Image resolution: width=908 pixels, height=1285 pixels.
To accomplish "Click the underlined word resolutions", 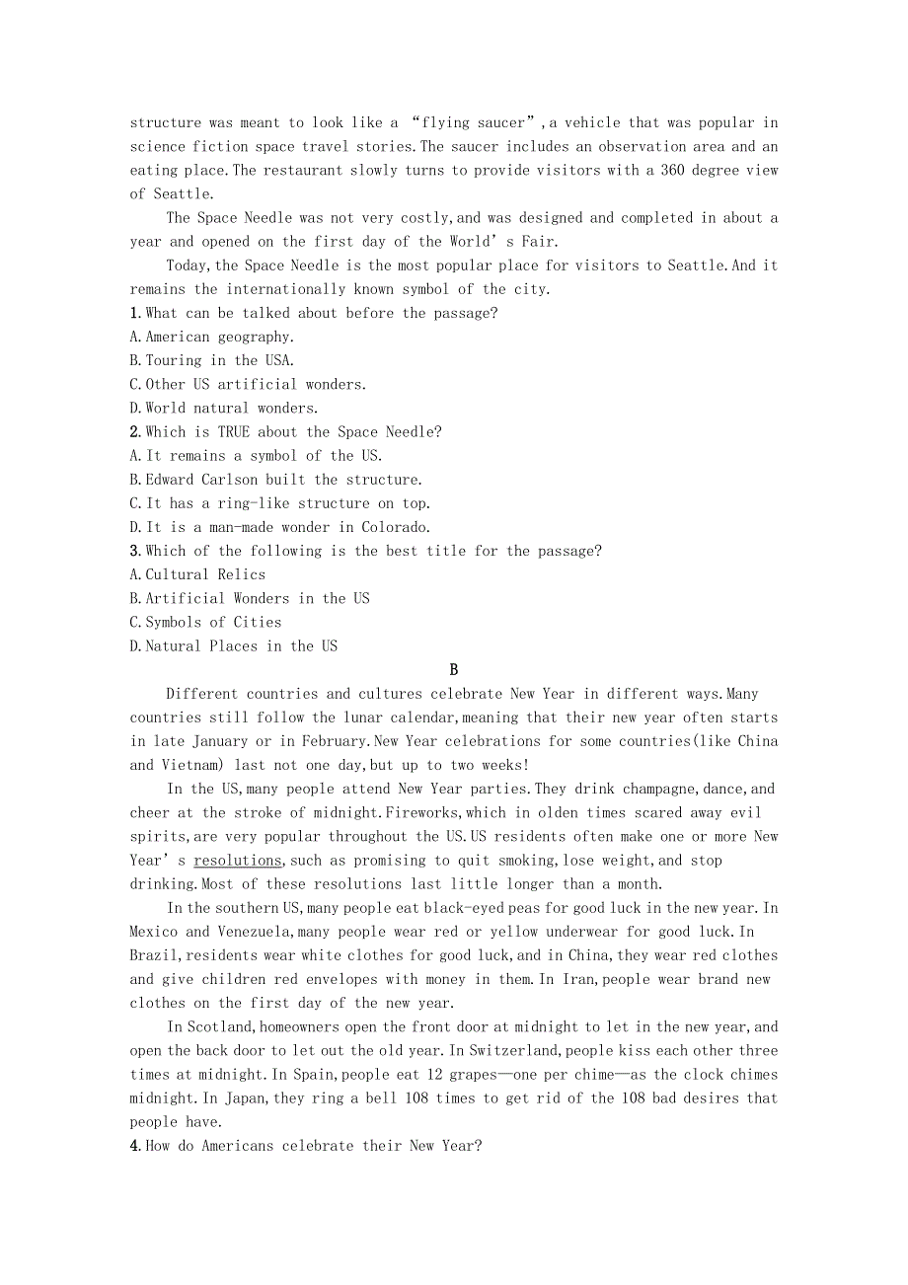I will tap(237, 861).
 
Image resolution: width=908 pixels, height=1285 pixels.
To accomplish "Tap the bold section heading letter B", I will tap(454, 670).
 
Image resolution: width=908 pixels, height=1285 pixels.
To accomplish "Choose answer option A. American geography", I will tap(212, 337).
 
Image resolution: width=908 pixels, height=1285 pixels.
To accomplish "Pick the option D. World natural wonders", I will tap(224, 408).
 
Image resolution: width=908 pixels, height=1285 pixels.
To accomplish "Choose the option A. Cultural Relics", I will tap(198, 574).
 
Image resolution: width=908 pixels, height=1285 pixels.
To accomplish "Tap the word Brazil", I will tap(154, 955).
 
